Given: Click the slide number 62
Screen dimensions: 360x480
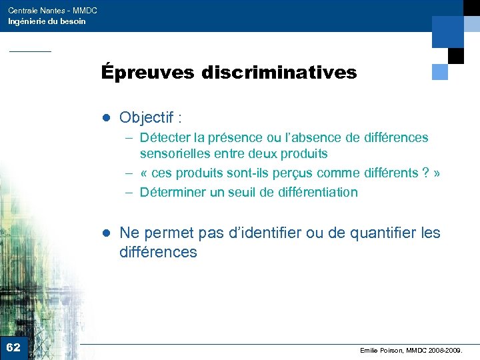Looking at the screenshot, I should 13,347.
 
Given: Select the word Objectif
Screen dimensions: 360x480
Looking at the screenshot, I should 146,117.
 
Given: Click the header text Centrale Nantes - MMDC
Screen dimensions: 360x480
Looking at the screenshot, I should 53,11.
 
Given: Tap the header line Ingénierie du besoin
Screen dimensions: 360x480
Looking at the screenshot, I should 47,21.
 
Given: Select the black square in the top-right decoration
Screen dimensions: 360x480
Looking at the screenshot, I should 456,55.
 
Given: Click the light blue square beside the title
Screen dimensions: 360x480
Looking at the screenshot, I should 439,72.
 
